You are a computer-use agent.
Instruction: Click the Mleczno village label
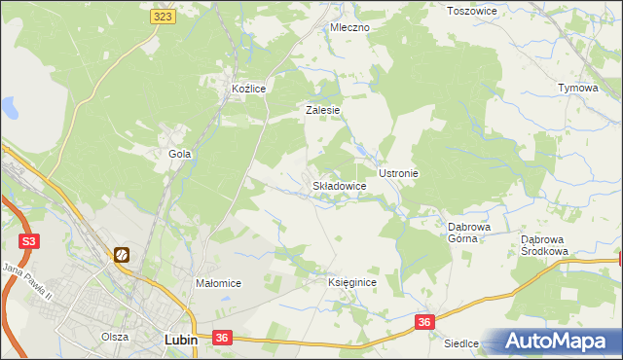(349, 27)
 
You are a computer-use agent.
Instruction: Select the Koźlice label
(248, 89)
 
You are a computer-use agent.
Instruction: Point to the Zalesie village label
(322, 110)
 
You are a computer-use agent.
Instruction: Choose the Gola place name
(179, 154)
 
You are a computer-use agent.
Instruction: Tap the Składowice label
(339, 185)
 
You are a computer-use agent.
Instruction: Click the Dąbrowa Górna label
(468, 233)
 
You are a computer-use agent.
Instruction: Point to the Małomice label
(218, 283)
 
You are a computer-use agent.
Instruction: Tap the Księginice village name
(351, 281)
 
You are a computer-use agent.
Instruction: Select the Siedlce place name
(461, 343)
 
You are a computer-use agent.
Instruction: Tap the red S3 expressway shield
(29, 239)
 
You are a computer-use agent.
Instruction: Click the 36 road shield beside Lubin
(222, 338)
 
